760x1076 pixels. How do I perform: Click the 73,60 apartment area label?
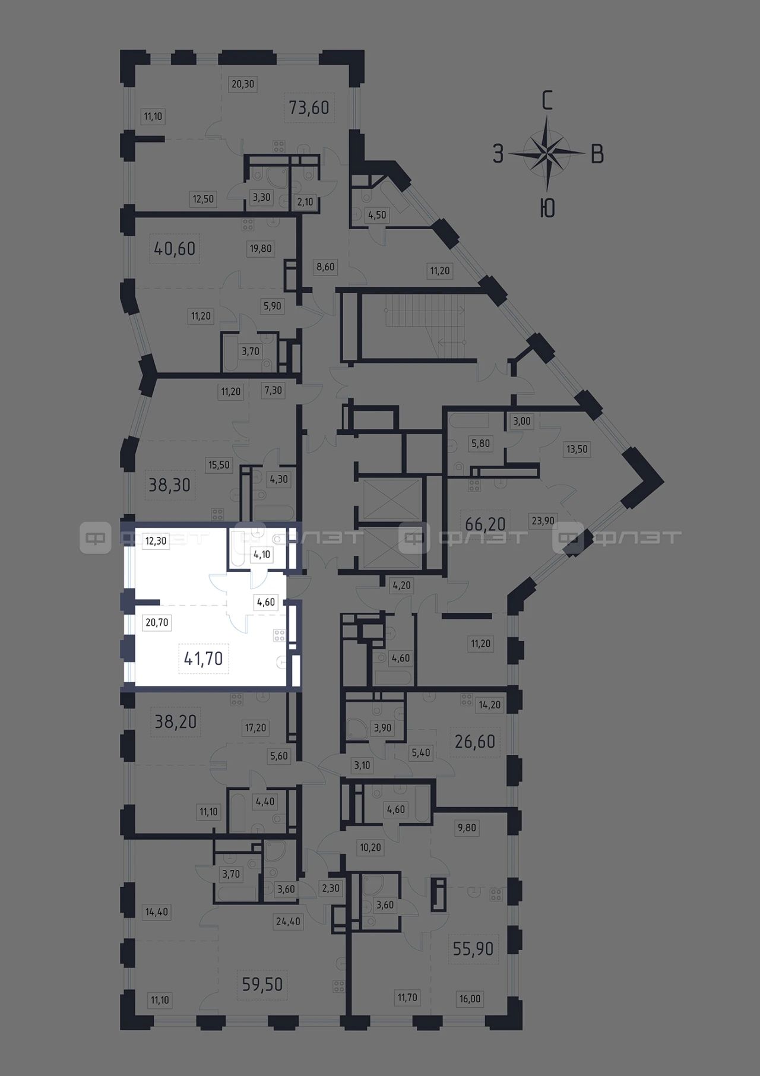point(309,107)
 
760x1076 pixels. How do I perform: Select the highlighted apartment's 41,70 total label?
point(203,659)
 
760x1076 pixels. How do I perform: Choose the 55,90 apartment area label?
point(473,948)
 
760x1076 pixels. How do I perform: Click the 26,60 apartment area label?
point(474,741)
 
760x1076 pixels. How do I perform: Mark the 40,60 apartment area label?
point(175,248)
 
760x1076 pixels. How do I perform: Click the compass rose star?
point(547,154)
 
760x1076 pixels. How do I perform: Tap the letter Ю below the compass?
point(547,208)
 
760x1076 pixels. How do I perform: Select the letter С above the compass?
point(547,101)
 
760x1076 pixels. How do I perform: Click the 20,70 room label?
point(157,622)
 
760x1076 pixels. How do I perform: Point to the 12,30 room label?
point(156,541)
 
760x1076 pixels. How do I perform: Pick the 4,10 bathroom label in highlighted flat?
point(261,555)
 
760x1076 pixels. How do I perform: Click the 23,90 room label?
point(543,521)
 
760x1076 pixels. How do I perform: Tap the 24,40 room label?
point(287,922)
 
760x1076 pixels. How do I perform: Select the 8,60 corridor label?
point(325,267)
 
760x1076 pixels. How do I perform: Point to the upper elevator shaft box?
point(391,499)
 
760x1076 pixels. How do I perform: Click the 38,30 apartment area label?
point(169,485)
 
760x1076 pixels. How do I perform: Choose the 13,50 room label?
point(577,449)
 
